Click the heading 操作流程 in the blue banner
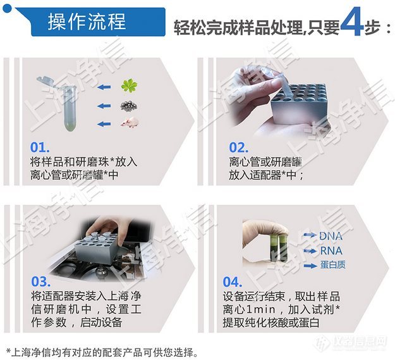tap(87, 22)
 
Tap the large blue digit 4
tap(352, 24)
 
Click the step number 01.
tap(40, 147)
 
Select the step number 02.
tap(238, 147)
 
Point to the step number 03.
tap(41, 282)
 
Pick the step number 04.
tap(233, 282)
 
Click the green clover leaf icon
tap(129, 85)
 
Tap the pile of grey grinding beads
tap(129, 106)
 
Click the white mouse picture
tap(130, 123)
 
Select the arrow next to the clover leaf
tap(104, 87)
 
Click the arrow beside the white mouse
tap(104, 124)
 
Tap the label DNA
tap(331, 236)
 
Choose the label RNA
tap(331, 251)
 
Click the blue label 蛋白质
tap(333, 264)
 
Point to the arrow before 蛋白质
tap(310, 266)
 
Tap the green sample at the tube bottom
tap(70, 125)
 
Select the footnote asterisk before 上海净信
tap(8, 351)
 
